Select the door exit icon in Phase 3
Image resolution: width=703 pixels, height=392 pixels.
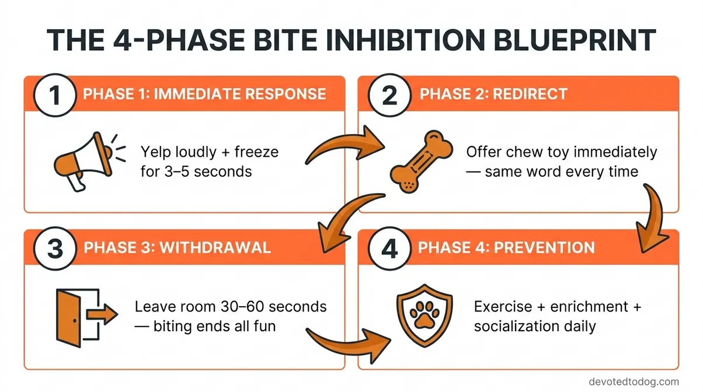point(79,313)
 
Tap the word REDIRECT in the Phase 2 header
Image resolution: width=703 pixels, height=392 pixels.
point(530,94)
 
